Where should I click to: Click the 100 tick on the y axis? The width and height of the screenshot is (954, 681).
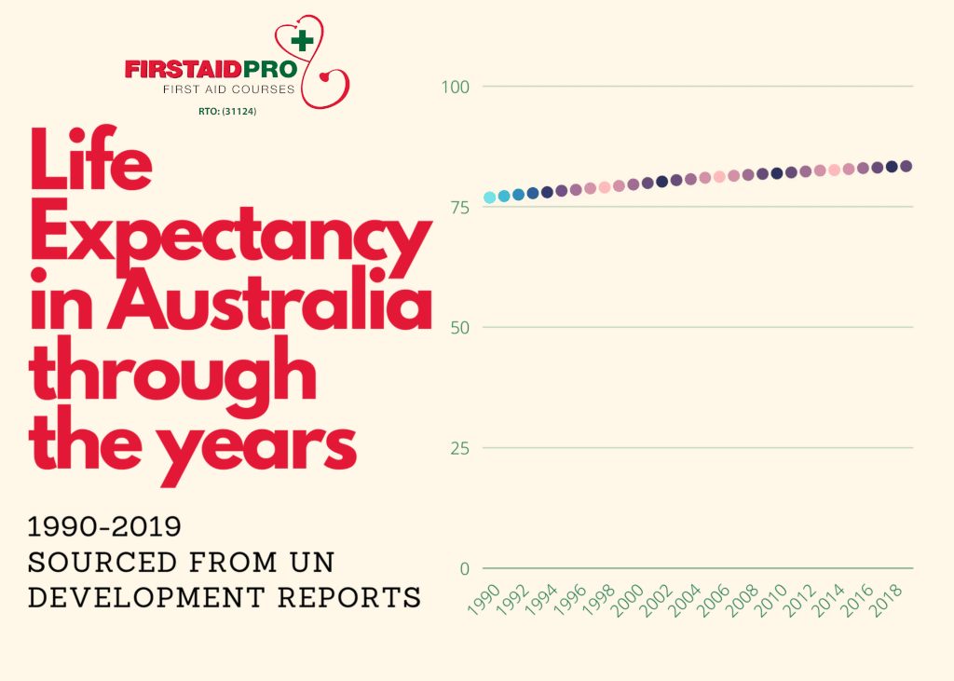click(455, 87)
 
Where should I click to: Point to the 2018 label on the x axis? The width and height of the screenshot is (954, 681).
click(886, 596)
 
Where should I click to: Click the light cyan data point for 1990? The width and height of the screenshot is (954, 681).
click(490, 197)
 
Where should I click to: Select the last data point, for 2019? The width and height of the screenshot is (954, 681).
click(906, 166)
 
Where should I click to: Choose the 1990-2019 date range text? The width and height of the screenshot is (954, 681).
click(104, 527)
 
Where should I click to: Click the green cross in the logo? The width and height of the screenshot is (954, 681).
click(302, 41)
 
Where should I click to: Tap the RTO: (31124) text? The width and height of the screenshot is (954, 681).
click(221, 112)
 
